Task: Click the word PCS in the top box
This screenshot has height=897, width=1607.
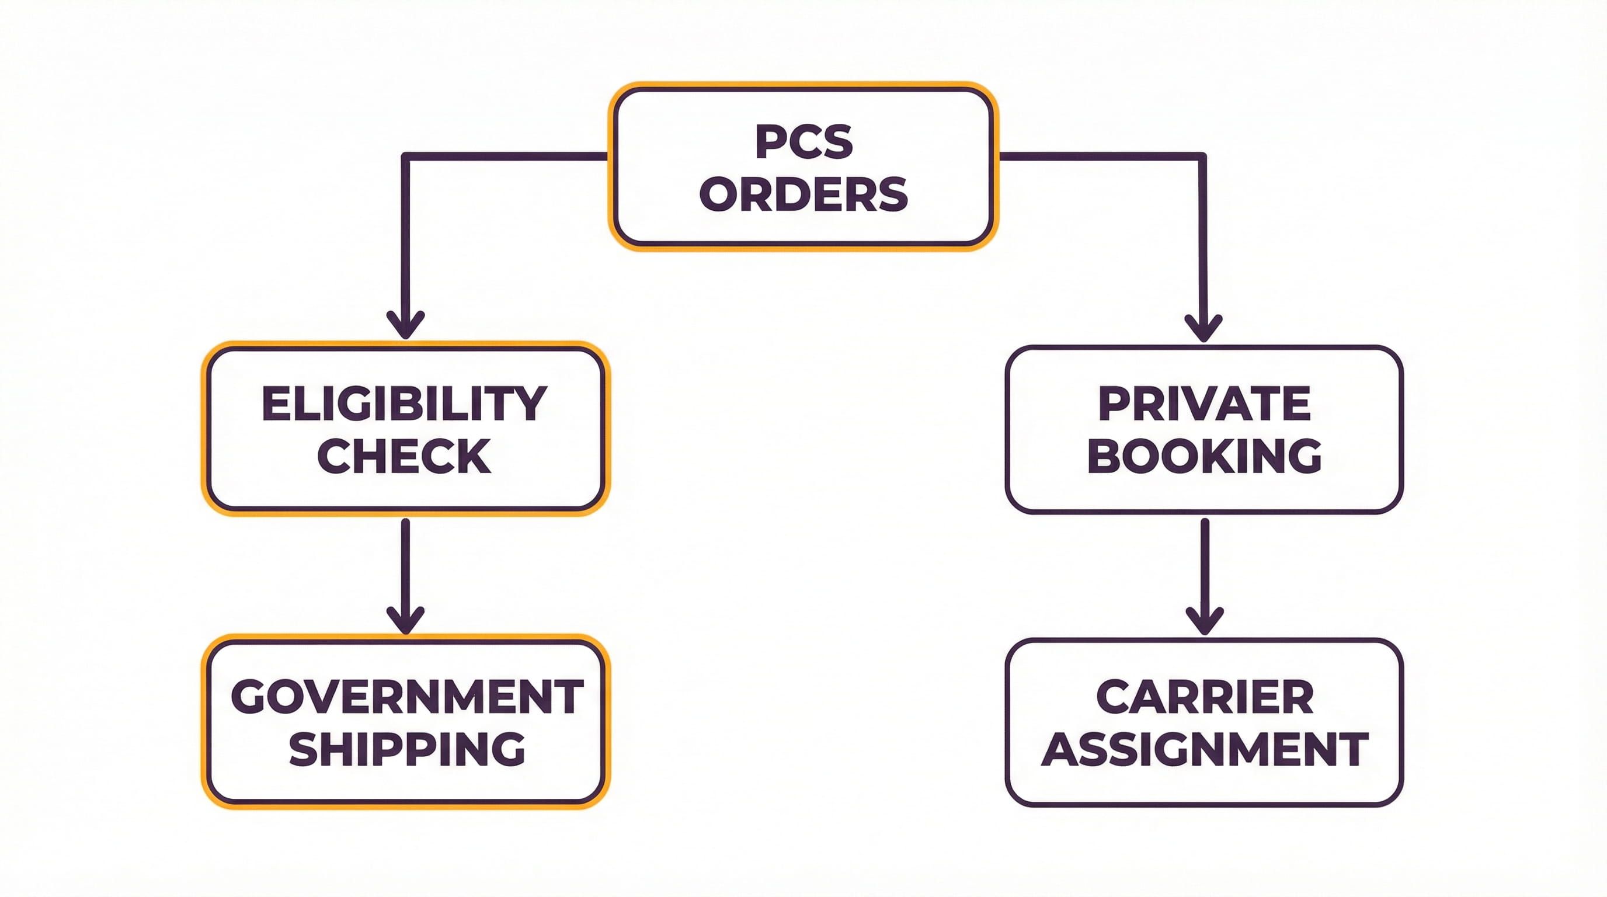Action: tap(803, 142)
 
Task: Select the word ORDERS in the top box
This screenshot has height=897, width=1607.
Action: tap(803, 194)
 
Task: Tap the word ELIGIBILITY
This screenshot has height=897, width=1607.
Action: tap(404, 404)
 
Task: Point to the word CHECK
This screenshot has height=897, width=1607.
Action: tap(404, 456)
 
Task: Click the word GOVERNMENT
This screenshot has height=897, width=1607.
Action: tap(407, 697)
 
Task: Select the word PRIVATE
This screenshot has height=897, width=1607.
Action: tap(1204, 404)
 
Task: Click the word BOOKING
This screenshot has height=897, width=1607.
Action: tap(1204, 456)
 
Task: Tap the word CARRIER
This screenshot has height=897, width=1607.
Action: tap(1204, 697)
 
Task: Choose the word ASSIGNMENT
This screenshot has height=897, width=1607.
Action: tap(1204, 749)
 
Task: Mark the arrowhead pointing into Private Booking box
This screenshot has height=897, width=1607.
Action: tap(1203, 329)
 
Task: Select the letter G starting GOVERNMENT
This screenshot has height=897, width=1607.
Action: tap(249, 697)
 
